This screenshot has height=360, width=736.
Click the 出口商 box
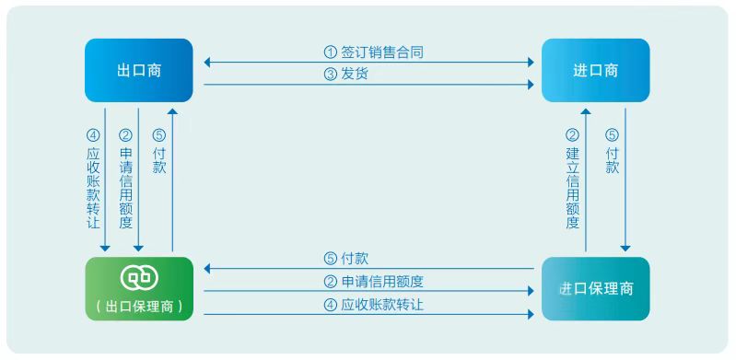pos(138,70)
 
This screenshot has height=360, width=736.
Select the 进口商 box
pos(596,70)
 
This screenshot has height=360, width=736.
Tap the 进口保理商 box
pos(596,289)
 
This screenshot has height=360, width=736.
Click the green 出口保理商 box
pos(139,289)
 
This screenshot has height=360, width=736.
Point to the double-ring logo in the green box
pos(139,277)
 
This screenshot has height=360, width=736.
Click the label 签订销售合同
pos(382,52)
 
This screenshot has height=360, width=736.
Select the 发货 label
pos(355,75)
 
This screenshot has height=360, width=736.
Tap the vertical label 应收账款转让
pos(93,189)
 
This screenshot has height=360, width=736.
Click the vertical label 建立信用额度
pos(573,189)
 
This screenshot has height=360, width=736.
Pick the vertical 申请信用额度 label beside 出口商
pos(125,189)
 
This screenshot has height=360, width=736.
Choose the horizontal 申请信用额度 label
pos(382,282)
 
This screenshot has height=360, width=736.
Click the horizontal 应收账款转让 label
pos(382,305)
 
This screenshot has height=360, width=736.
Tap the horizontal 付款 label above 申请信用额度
pos(355,259)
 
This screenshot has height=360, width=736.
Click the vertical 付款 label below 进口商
pos(612,161)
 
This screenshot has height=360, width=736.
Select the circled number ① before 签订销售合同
pos(331,52)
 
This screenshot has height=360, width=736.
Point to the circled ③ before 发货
pos(331,75)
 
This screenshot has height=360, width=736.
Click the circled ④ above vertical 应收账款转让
pos(93,135)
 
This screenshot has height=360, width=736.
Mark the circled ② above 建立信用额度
pos(573,135)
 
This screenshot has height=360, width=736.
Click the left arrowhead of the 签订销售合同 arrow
pos(207,62)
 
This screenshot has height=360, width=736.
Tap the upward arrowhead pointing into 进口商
pos(585,111)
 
